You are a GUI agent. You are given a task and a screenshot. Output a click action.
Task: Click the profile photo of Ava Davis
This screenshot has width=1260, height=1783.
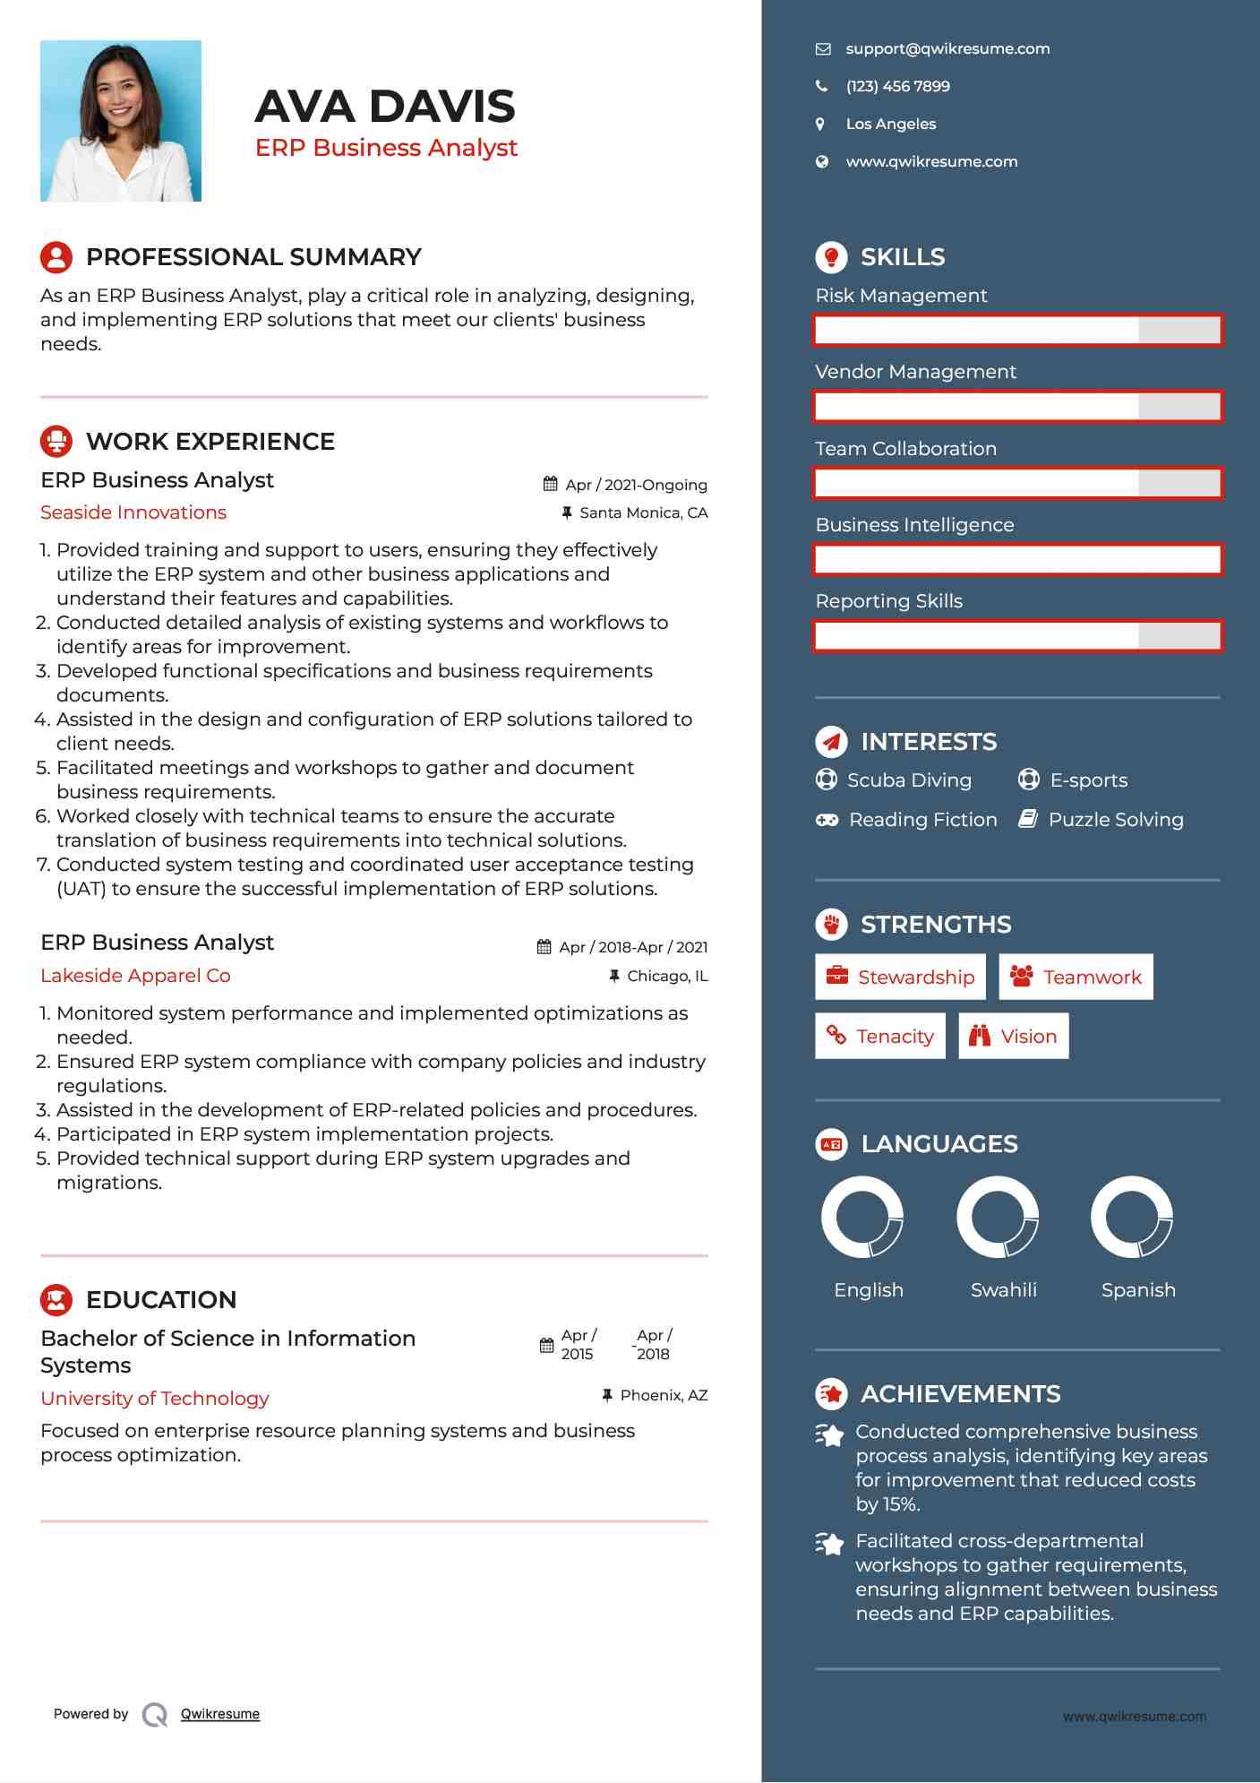(x=121, y=121)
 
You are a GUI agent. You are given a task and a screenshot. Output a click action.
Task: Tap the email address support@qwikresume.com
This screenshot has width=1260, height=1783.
(x=947, y=49)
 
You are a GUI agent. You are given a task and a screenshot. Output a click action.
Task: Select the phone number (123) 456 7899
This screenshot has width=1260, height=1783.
(x=897, y=87)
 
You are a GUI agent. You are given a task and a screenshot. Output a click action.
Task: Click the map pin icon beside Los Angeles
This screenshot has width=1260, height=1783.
(x=820, y=125)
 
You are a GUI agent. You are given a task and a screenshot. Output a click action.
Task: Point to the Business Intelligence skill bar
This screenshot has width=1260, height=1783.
(x=1017, y=560)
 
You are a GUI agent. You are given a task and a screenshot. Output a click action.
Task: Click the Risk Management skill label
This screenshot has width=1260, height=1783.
(x=901, y=296)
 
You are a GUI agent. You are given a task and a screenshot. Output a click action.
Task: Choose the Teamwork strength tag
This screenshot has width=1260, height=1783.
(x=1076, y=978)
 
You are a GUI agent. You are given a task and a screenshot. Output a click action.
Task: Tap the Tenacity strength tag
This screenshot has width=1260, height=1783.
(x=879, y=1037)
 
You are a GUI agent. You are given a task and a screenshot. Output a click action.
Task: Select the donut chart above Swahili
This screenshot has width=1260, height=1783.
(x=998, y=1218)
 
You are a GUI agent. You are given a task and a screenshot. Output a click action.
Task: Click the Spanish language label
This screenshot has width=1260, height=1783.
(x=1138, y=1290)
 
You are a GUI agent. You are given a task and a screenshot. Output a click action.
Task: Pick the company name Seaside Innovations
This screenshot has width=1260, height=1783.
(x=133, y=513)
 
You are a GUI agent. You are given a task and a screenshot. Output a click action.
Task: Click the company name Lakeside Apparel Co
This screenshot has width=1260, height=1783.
(x=135, y=976)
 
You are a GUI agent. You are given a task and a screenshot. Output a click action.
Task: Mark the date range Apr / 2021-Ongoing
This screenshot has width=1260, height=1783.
(x=636, y=485)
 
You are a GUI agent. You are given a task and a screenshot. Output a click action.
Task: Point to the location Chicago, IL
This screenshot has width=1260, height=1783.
(x=667, y=976)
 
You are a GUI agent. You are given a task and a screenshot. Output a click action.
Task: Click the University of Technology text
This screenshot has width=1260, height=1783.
(x=154, y=1399)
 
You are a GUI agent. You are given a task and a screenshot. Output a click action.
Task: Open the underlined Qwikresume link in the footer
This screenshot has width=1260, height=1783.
(x=220, y=1714)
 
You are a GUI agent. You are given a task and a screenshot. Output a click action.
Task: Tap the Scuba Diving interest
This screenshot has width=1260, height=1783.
(x=909, y=780)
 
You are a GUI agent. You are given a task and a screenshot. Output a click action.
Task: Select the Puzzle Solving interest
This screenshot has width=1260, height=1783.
(x=1116, y=820)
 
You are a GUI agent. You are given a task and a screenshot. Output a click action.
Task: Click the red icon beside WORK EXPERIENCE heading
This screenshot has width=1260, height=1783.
(x=56, y=442)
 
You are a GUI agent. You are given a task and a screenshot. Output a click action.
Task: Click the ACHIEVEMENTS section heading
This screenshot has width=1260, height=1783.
(x=960, y=1394)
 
